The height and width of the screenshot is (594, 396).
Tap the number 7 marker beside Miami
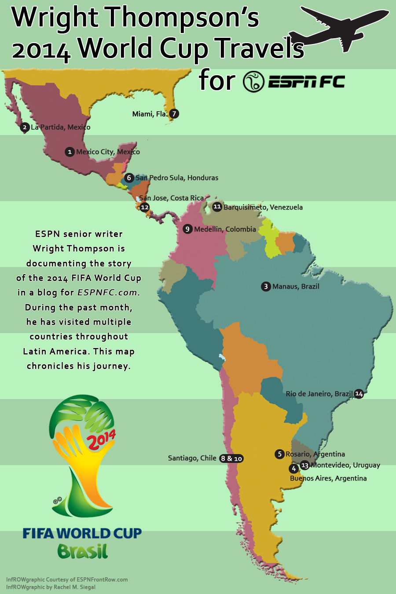174,114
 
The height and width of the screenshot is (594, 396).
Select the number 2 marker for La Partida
25,127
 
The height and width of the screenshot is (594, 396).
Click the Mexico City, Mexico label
108,152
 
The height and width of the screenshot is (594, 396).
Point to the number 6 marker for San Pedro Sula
129,178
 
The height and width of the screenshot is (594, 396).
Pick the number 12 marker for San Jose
145,207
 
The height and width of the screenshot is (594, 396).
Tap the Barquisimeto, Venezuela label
263,207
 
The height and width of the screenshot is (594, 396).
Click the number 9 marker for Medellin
187,229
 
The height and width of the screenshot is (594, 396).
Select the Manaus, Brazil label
296,286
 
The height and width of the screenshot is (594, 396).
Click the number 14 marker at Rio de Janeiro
359,394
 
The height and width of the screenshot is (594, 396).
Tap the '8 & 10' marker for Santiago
231,458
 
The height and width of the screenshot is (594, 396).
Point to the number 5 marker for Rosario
279,454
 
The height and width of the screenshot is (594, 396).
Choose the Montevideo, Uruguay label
345,465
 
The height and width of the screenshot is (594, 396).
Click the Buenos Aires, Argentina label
328,478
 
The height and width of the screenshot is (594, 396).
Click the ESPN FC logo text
306,82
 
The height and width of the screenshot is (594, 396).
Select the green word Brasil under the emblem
82,551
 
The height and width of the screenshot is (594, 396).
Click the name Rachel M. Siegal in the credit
74,587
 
